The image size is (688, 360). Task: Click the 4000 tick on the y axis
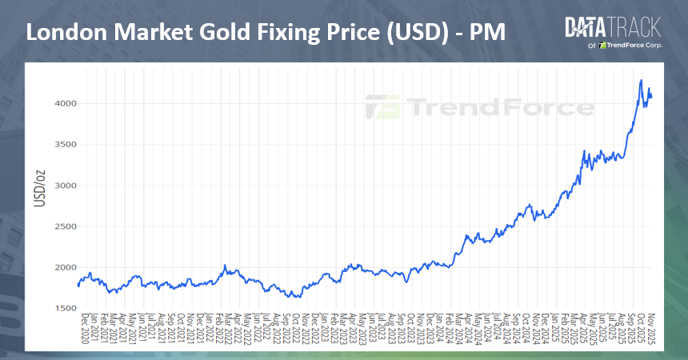(65, 103)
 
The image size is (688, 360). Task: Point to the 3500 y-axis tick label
(65, 145)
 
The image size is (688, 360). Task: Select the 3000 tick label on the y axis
(65, 186)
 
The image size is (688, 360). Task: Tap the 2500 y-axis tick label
(65, 226)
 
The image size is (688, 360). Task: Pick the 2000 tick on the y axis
(65, 267)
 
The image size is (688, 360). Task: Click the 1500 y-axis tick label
(65, 308)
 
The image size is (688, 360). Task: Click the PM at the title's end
(487, 33)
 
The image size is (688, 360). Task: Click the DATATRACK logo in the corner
(613, 27)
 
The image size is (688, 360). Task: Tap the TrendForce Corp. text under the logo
(629, 46)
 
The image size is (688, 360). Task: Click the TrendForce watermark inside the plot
(480, 106)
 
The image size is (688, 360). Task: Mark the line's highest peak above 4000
(641, 80)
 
